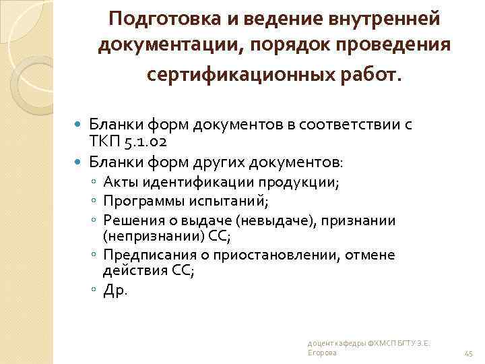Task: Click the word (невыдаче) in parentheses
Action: pyautogui.click(x=278, y=220)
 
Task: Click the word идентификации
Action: pyautogui.click(x=197, y=182)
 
